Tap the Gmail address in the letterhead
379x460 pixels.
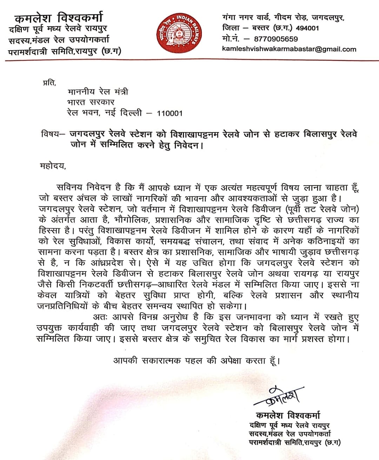pos(289,49)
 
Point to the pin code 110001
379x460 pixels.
pos(169,113)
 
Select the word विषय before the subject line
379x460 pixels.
pos(50,134)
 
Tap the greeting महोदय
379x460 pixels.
pos(53,166)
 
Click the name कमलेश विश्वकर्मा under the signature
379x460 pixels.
pos(288,415)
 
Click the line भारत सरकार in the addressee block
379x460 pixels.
pos(91,102)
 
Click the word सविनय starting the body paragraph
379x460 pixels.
pos(69,188)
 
